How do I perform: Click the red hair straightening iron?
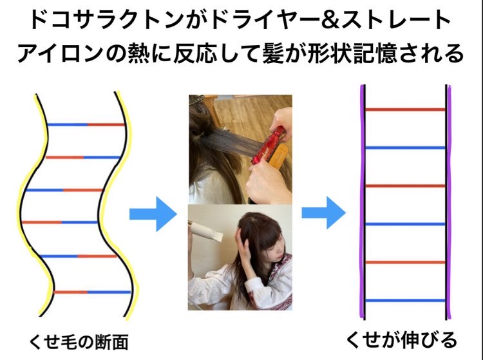coord(268,145)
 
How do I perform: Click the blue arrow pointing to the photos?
coord(153,214)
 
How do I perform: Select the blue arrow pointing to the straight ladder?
coord(324,213)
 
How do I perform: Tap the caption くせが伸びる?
coord(401,340)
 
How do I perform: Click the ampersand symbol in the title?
coord(328,20)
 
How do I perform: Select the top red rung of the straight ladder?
coord(405,109)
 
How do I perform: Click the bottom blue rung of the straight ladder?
coord(405,300)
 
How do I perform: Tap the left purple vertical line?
coord(362,202)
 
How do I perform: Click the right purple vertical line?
coord(449,202)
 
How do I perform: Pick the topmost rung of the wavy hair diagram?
coord(86,125)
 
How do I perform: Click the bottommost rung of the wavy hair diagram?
coord(92,292)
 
